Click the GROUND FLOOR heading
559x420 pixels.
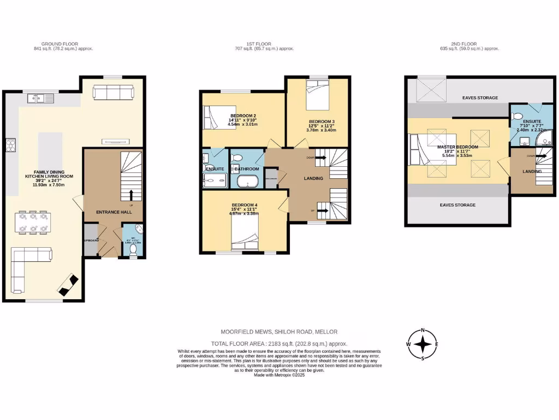point(60,44)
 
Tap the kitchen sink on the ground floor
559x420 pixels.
point(37,98)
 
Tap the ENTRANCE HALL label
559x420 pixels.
point(111,212)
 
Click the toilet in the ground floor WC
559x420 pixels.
point(133,249)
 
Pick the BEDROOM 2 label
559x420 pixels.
point(243,116)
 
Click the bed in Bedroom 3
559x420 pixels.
point(317,96)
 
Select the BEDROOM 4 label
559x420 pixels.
point(244,205)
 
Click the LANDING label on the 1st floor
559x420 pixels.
point(313,178)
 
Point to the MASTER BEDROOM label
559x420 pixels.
point(457,147)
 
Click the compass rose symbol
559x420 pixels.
point(423,343)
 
